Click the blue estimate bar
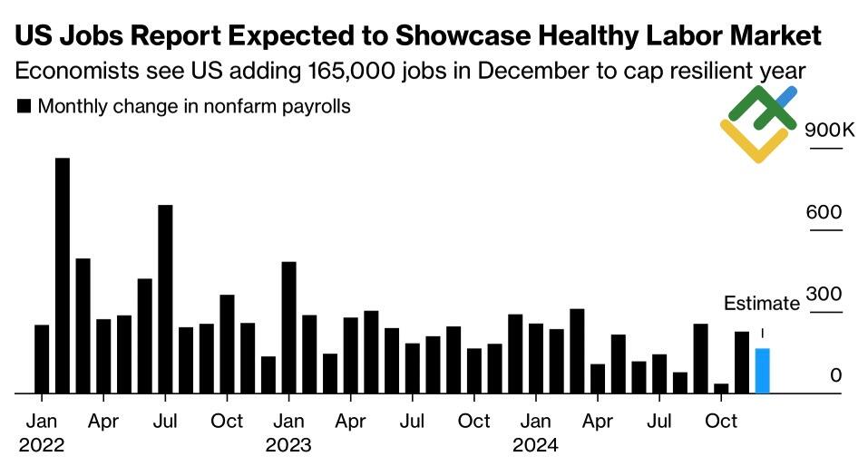tap(762, 371)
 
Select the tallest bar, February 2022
tap(62, 277)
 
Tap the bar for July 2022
tap(165, 299)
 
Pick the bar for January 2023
tap(288, 327)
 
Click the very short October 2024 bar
tap(721, 388)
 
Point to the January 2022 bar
tap(42, 359)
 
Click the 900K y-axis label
tap(829, 130)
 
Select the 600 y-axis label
tap(825, 212)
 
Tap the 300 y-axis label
tap(825, 295)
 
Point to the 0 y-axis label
tap(835, 375)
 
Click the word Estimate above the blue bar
tap(761, 304)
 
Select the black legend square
tap(24, 107)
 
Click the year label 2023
tap(288, 445)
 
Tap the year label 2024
tap(535, 445)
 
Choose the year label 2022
tap(42, 445)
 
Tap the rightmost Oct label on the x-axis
tap(721, 422)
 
